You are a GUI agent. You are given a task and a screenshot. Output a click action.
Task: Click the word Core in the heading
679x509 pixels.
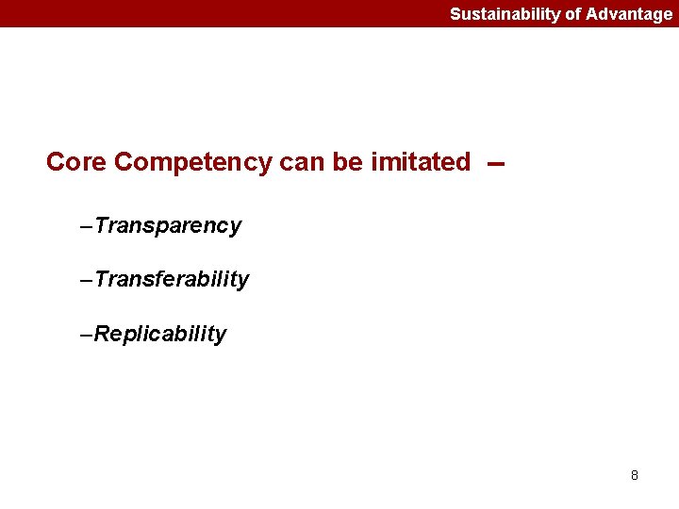[76, 162]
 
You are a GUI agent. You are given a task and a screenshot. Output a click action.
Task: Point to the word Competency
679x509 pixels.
[193, 163]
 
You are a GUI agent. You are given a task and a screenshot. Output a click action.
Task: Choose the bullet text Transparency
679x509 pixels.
[168, 226]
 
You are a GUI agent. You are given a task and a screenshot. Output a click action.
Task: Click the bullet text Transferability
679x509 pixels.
[172, 280]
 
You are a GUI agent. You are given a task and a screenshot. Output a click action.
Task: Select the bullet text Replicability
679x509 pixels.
[160, 335]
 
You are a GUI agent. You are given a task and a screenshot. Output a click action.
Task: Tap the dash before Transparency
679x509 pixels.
[88, 227]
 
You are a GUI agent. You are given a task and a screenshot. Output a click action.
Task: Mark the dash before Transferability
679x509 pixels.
[88, 281]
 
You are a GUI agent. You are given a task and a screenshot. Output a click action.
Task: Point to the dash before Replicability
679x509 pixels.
[88, 336]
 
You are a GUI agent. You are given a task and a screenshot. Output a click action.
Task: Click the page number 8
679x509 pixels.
[634, 475]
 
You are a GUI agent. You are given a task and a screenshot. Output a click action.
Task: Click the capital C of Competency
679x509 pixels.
[124, 162]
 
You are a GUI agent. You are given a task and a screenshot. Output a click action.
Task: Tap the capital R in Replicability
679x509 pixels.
[102, 335]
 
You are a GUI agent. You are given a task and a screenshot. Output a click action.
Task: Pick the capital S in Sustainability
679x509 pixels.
[455, 14]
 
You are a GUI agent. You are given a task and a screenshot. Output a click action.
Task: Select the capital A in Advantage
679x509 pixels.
[592, 14]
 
